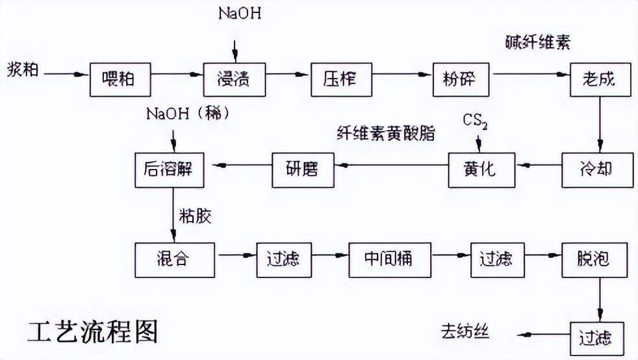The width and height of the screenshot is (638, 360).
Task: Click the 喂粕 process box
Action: tap(120, 80)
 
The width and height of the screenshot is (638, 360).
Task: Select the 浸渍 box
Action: tap(233, 80)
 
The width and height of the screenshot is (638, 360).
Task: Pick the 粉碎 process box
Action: tap(462, 80)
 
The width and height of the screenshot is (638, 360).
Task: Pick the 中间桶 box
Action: tap(390, 259)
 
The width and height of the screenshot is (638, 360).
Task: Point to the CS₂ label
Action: tap(476, 122)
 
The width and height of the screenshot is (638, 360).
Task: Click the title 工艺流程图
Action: tap(92, 332)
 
